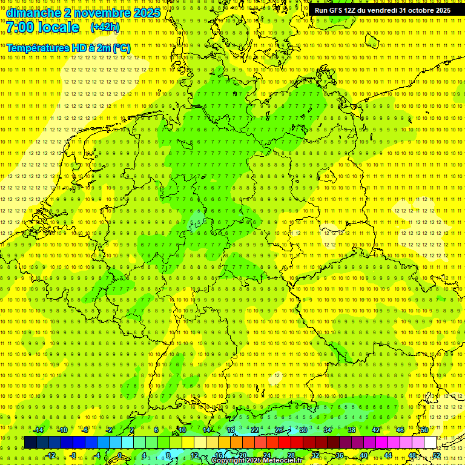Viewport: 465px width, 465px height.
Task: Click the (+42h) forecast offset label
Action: click(x=105, y=27)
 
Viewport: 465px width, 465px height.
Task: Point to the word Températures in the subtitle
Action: click(x=38, y=48)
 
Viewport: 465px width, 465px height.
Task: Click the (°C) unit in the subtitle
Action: click(x=121, y=48)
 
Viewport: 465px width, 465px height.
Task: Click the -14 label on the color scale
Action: click(x=38, y=430)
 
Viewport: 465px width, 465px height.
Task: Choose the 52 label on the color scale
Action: click(x=437, y=455)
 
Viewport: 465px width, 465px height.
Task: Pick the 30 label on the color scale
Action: click(x=303, y=430)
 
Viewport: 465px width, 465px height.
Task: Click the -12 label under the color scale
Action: click(x=50, y=455)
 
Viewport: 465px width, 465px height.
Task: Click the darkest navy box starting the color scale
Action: click(x=30, y=443)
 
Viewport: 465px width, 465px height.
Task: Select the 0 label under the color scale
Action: click(x=120, y=455)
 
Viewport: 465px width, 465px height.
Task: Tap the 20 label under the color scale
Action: click(x=242, y=455)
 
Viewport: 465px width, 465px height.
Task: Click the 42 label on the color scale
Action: click(x=375, y=430)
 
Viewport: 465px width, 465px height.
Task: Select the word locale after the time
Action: click(x=58, y=28)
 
